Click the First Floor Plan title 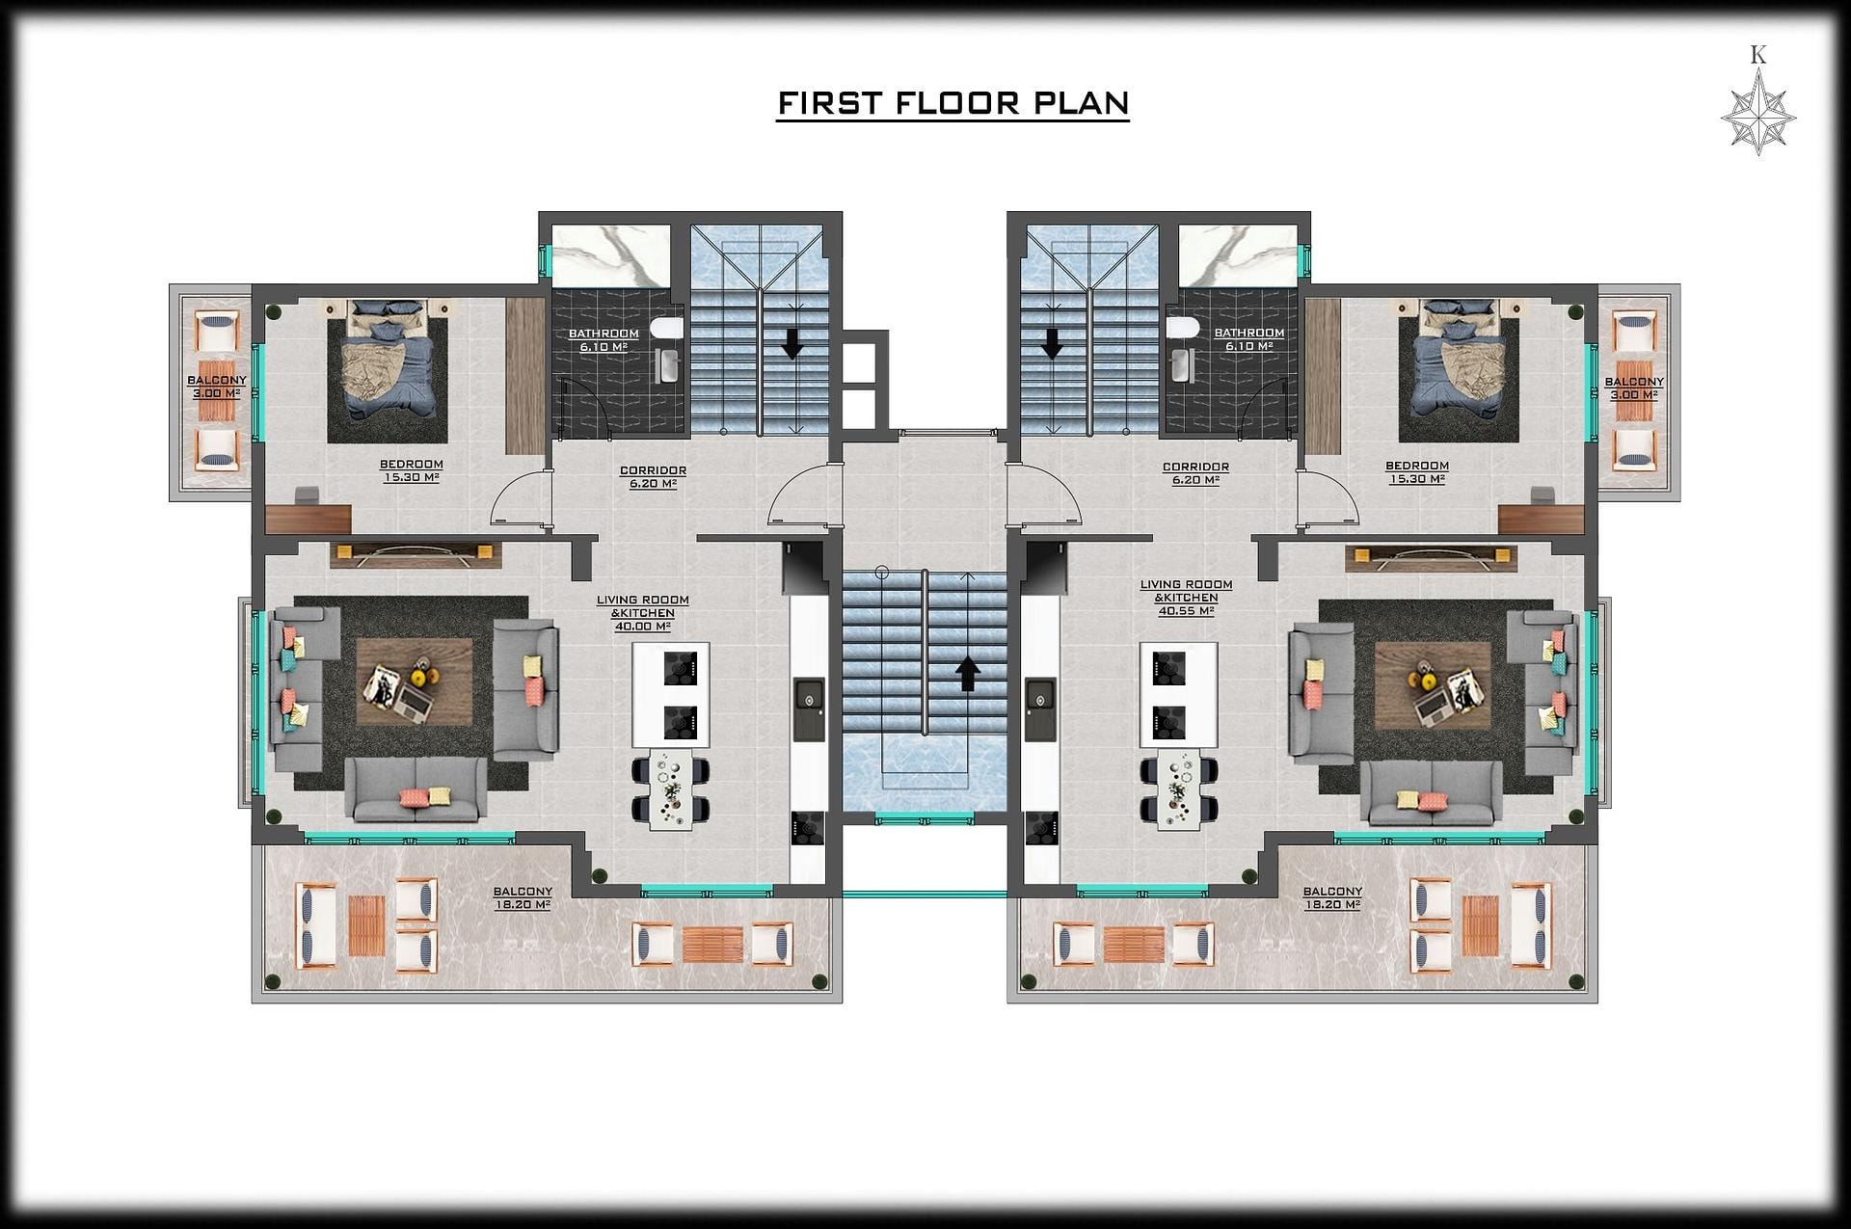coord(952,104)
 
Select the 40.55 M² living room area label coord(1186,611)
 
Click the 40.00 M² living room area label coord(642,627)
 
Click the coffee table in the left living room coord(415,681)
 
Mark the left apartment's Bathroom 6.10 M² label coord(604,340)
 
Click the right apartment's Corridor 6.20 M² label coord(1195,473)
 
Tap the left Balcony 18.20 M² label coord(523,898)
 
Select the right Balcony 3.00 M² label coord(1634,388)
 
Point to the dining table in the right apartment coord(1177,788)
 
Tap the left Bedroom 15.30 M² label coord(412,470)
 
